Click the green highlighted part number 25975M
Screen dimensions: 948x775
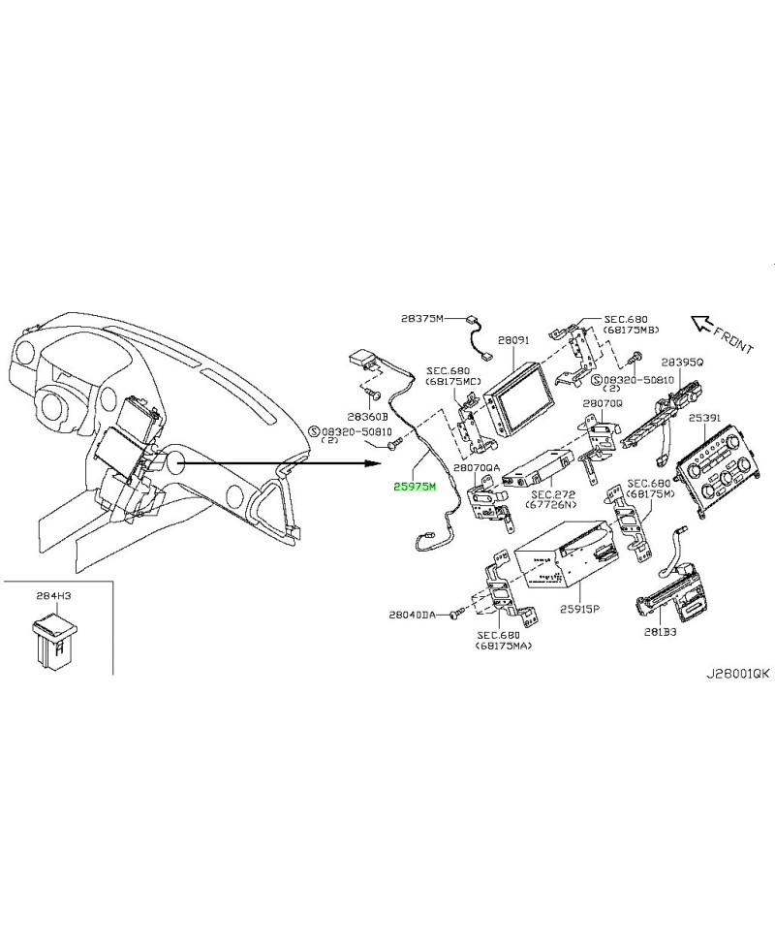(415, 487)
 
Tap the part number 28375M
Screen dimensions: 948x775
(421, 316)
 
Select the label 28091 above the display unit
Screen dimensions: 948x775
(513, 342)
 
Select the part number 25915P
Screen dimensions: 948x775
(580, 611)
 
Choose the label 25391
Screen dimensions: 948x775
(704, 418)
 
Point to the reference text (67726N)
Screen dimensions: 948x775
(554, 506)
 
